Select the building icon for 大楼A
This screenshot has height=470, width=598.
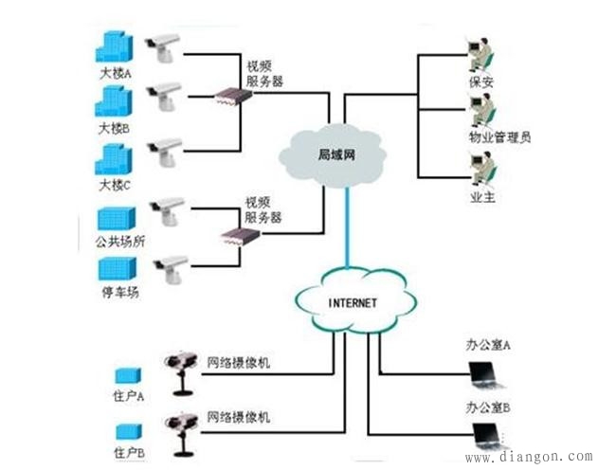tap(114, 47)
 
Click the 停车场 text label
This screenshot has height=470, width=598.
tap(119, 292)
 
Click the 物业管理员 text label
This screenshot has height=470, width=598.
tap(499, 137)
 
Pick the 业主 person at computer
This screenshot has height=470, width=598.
tap(481, 169)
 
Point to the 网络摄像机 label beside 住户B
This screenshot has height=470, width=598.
tap(239, 417)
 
